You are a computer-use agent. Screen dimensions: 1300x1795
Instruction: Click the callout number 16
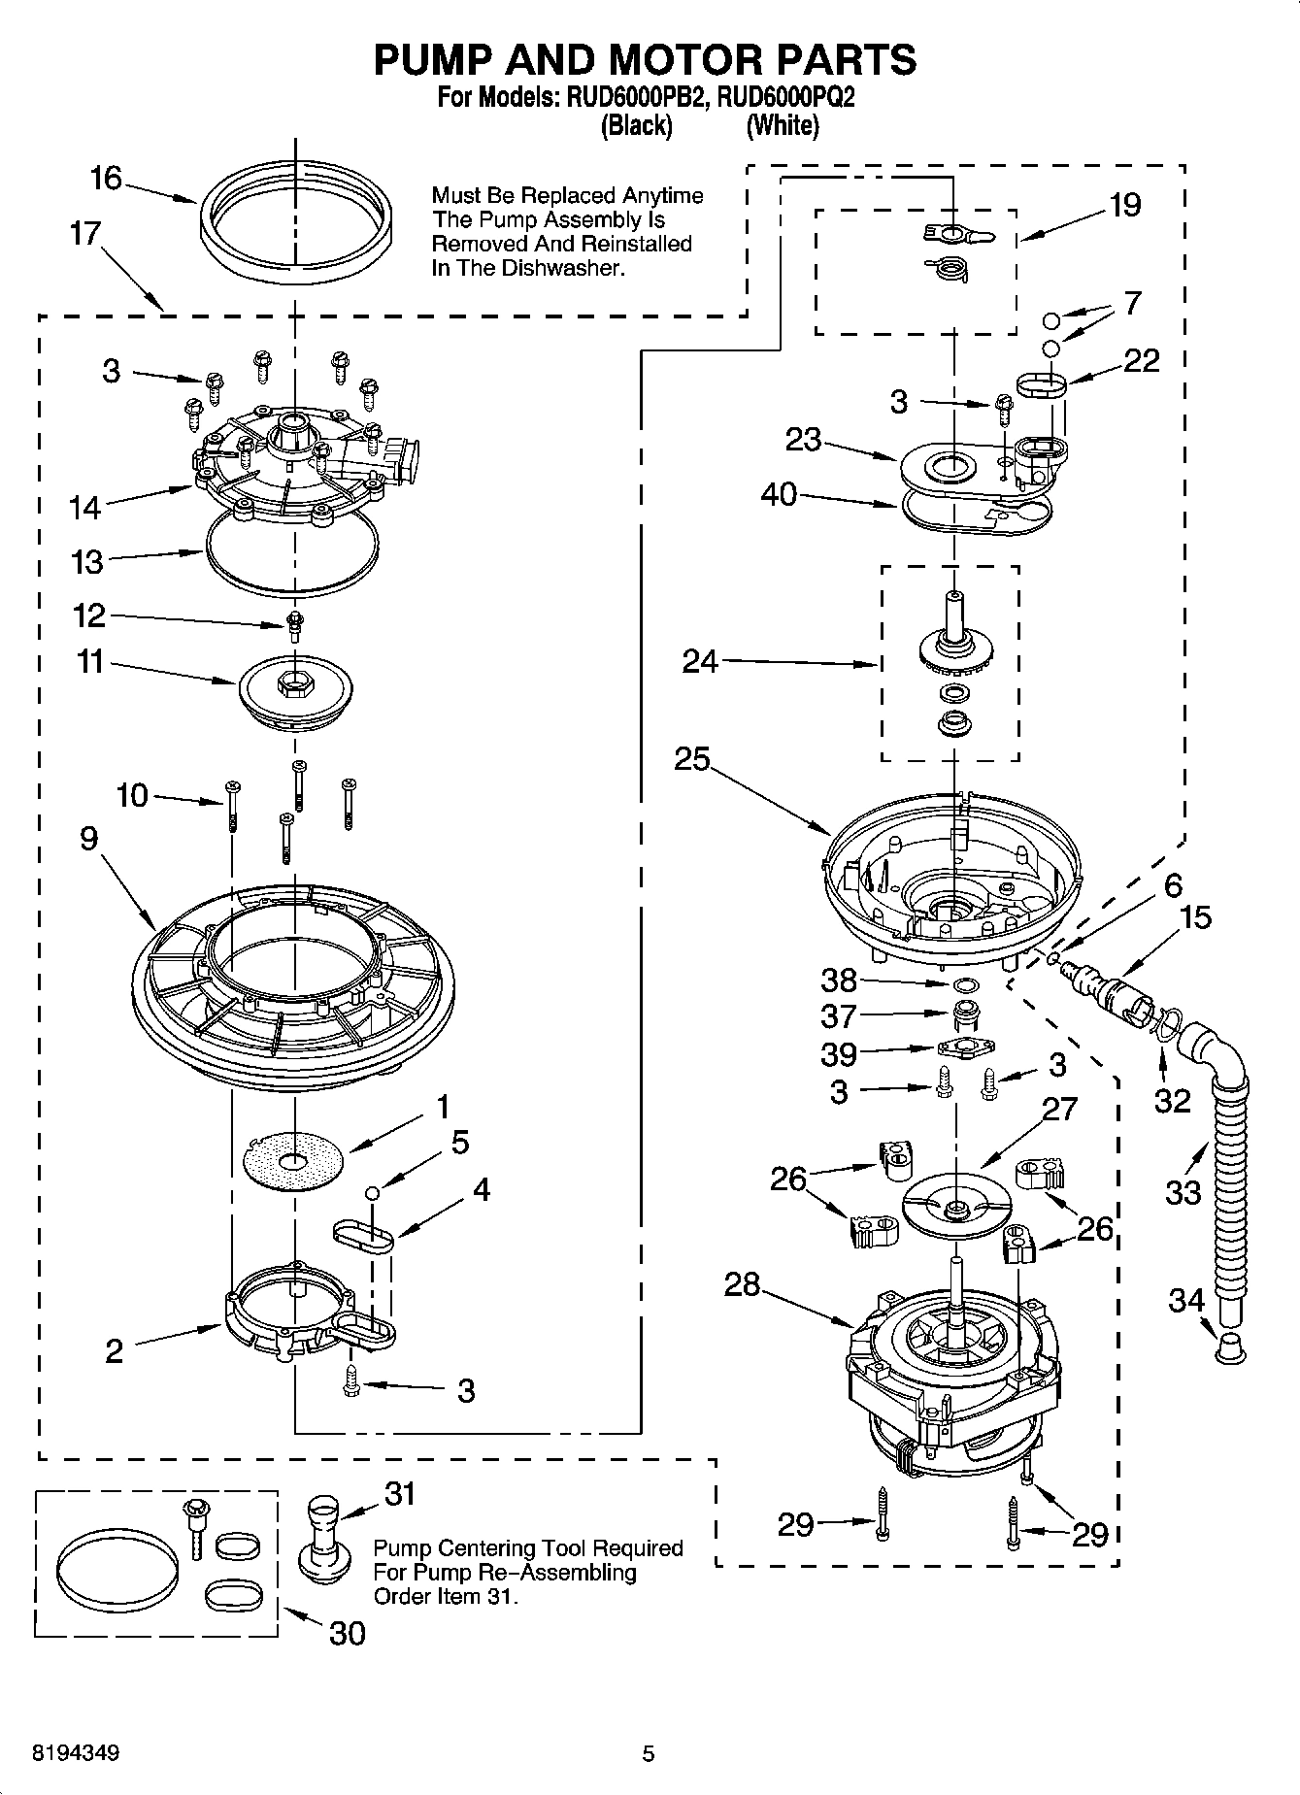click(106, 179)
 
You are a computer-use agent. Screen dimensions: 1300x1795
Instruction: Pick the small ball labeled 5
click(371, 1192)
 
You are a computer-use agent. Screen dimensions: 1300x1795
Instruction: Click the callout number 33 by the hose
click(1183, 1191)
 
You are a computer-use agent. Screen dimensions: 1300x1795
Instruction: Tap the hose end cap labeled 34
click(1230, 1348)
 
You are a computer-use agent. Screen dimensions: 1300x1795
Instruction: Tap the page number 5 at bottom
click(649, 1753)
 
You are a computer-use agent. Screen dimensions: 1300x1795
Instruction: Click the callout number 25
click(692, 759)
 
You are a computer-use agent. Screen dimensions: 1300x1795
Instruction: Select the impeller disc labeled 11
click(295, 685)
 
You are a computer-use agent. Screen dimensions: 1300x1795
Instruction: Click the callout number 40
click(779, 494)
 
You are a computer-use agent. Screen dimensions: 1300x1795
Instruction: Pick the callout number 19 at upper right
click(1125, 205)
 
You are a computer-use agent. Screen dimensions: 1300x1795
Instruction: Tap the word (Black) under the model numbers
click(636, 125)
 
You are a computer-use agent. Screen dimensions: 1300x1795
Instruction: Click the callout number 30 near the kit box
click(347, 1633)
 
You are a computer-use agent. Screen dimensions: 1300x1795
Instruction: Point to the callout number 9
click(89, 838)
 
